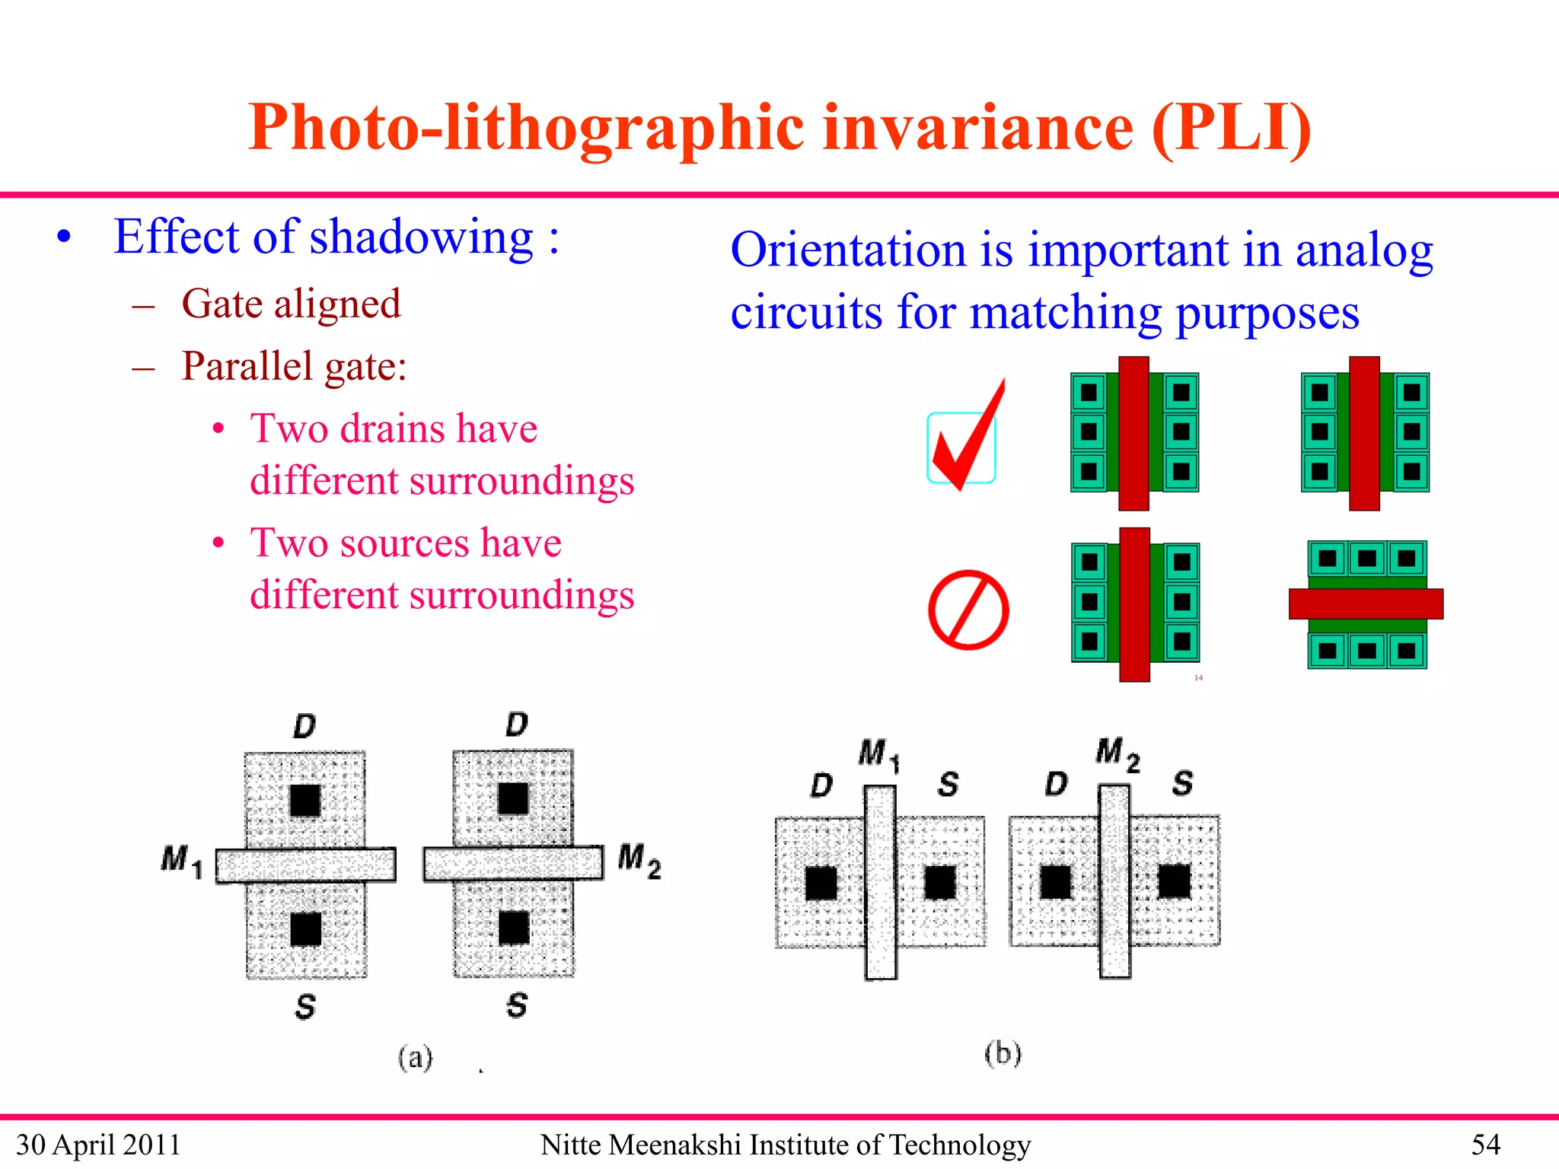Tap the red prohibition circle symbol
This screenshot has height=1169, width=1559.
pos(968,610)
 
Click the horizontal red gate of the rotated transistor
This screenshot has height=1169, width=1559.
pos(1366,604)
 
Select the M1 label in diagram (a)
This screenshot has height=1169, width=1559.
pos(182,862)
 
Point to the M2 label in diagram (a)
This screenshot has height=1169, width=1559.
pos(639,860)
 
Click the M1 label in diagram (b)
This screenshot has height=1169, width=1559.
pos(878,754)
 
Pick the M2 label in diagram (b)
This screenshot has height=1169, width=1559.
pos(1117,753)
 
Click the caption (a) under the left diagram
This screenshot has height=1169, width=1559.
pos(415,1057)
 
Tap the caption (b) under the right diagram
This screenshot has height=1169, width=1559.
pos(1002,1054)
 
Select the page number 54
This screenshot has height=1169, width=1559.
pos(1485,1145)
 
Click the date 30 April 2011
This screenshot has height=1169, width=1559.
pos(98,1145)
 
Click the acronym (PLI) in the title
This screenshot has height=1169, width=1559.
pos(1232,128)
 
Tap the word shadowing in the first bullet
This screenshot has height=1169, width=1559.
pos(422,237)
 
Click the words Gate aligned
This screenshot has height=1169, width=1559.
pos(291,304)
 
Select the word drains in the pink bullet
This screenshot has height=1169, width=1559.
pos(396,428)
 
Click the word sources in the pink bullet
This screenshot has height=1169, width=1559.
pos(404,543)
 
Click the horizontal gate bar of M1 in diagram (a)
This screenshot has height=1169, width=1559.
pos(305,865)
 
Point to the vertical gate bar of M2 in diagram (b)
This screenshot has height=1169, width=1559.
pos(1114,881)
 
